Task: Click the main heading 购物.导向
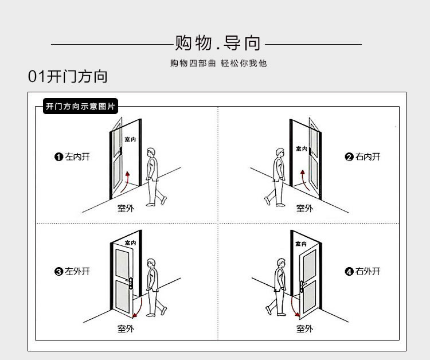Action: click(218, 43)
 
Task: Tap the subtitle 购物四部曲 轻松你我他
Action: click(218, 63)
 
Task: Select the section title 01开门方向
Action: click(68, 77)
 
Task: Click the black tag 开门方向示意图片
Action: click(80, 106)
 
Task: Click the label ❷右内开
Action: click(362, 156)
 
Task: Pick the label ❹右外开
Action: click(362, 271)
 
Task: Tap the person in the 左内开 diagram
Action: click(153, 175)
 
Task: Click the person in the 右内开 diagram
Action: click(277, 175)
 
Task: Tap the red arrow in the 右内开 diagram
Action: click(302, 180)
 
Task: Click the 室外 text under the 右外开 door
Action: click(304, 328)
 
